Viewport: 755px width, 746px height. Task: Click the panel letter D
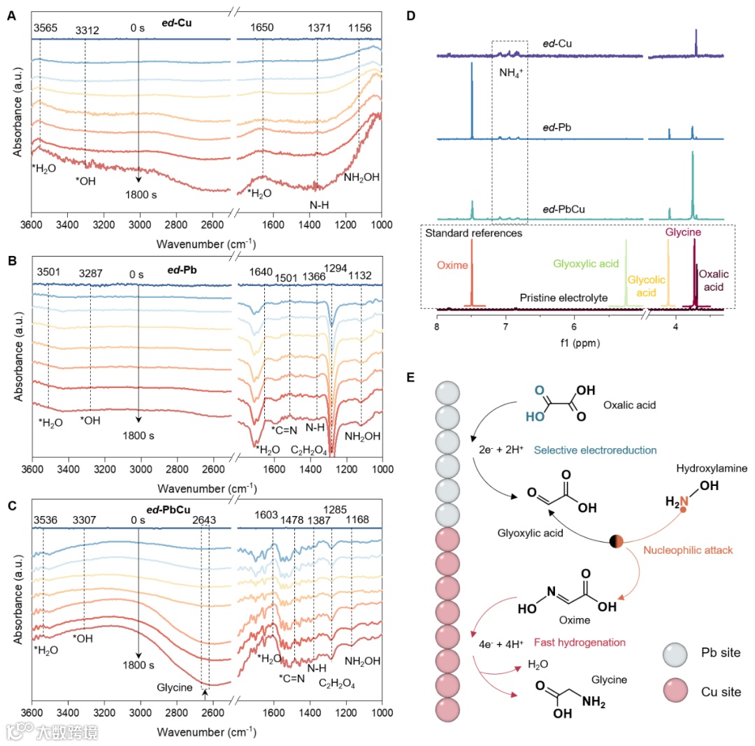[411, 15]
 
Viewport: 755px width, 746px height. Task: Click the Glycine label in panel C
[174, 687]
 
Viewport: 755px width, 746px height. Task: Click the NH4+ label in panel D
[510, 72]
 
